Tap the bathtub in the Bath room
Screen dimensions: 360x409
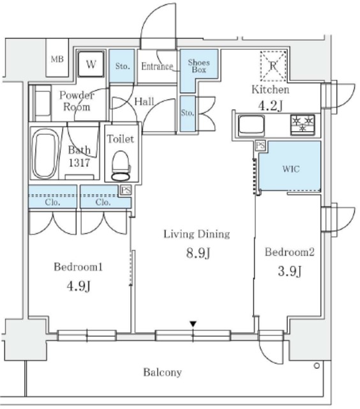[x=45, y=156]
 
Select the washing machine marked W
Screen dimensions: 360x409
[x=91, y=64]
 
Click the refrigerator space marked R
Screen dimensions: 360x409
[x=273, y=66]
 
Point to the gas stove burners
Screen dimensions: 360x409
[x=303, y=125]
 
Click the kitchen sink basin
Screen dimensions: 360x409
[x=251, y=126]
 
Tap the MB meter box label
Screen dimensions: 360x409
[x=57, y=59]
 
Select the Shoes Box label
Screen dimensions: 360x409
[x=199, y=66]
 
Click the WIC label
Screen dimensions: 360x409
[x=291, y=169]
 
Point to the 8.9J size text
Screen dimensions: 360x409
[x=198, y=253]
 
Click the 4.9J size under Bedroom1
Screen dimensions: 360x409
[x=79, y=286]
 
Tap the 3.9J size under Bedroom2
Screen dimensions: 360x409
[x=290, y=271]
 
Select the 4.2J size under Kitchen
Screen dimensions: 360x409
[x=270, y=106]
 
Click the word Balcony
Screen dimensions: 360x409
[x=162, y=372]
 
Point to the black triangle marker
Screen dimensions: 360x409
[x=193, y=324]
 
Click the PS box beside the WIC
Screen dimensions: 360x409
[x=260, y=146]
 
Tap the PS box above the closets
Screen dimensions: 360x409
[x=126, y=190]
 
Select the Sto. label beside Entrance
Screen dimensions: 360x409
[x=123, y=66]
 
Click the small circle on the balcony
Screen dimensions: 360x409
[x=317, y=366]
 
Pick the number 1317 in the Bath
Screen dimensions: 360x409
[x=79, y=163]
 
